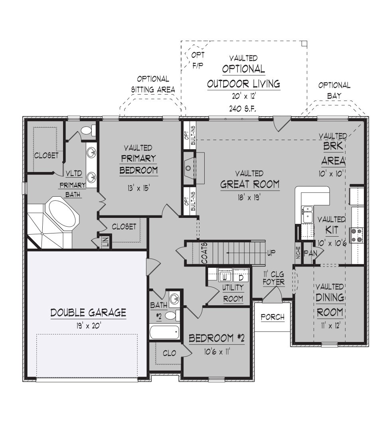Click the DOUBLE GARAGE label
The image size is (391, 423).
pos(89,312)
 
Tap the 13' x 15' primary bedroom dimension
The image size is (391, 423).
pos(139,188)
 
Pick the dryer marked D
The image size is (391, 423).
pos(241,277)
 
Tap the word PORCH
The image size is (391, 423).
pos(273,317)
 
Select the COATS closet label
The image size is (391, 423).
pos(205,253)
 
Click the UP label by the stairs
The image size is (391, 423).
pos(271,253)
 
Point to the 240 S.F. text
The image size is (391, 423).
pos(243,109)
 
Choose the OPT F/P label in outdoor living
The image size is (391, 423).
pos(198,60)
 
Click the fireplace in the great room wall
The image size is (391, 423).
pos(189,168)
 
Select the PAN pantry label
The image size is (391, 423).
pos(310,253)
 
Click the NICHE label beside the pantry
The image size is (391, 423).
pos(298,253)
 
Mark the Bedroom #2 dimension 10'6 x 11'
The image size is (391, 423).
pos(217,352)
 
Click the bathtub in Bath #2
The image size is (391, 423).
pos(164,332)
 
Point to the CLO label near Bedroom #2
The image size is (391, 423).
pos(169,353)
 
